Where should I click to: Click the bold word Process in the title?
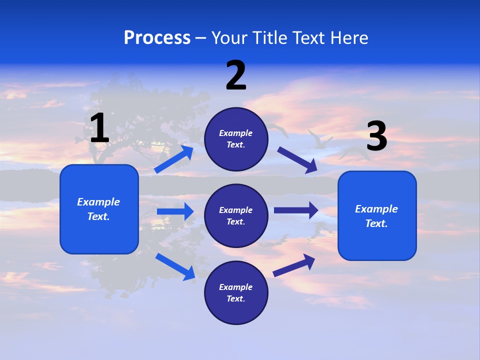tap(157, 37)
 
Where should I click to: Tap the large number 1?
tap(99, 128)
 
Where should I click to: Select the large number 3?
tap(376, 136)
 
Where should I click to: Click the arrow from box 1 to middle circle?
tap(175, 211)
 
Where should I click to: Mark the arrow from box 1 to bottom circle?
tap(175, 266)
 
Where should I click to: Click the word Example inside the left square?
tap(98, 202)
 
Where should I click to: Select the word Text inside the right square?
tap(376, 223)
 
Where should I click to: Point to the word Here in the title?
tap(350, 37)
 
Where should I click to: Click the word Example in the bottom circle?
tap(236, 287)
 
